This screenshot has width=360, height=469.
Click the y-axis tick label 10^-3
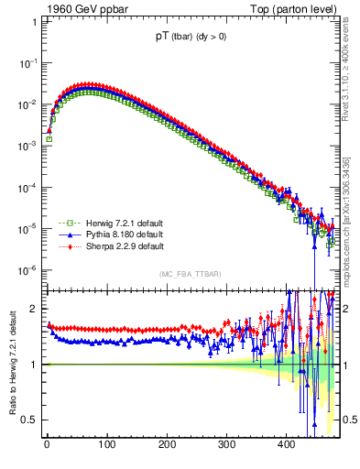(x=28, y=146)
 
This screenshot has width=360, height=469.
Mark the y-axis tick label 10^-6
(x=28, y=270)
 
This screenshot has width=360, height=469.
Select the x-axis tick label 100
(x=106, y=446)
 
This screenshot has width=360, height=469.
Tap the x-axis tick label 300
(x=226, y=446)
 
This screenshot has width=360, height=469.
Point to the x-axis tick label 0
(x=47, y=446)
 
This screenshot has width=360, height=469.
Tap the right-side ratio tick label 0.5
(x=350, y=420)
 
